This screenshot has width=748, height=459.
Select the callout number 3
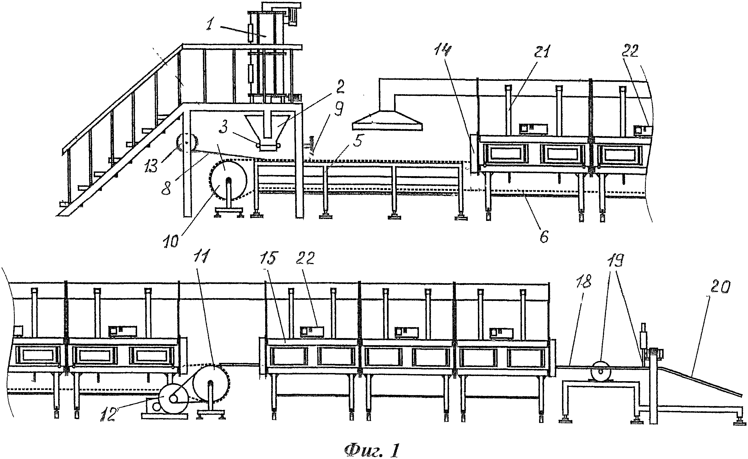coord(224,128)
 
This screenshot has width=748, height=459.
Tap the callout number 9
coord(338,109)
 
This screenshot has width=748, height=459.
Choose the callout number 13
coord(151,165)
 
